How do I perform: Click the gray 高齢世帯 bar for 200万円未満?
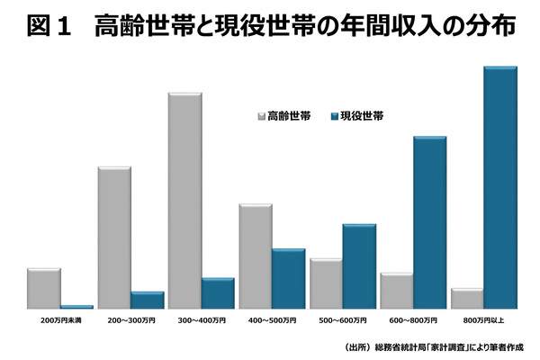click(x=44, y=288)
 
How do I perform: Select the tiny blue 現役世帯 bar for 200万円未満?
click(x=76, y=307)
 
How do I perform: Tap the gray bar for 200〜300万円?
click(x=114, y=238)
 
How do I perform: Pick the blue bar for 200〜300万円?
click(x=147, y=300)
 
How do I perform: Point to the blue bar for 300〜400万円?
click(x=217, y=293)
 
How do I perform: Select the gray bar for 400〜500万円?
click(x=255, y=256)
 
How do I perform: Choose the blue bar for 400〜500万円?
click(x=288, y=278)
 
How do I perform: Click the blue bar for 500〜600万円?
click(x=358, y=266)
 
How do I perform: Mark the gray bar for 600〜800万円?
click(x=396, y=291)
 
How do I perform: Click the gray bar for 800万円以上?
click(x=466, y=299)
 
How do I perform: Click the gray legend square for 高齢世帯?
click(x=261, y=116)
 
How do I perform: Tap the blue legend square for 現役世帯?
click(x=335, y=116)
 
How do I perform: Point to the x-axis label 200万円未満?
click(x=60, y=320)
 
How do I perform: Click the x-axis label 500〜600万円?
click(x=342, y=320)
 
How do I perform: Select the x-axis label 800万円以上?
click(x=483, y=320)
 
